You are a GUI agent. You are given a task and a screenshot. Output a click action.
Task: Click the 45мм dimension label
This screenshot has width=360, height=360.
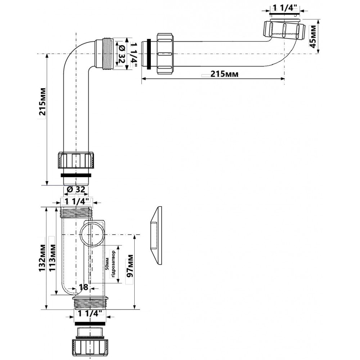point(313,36)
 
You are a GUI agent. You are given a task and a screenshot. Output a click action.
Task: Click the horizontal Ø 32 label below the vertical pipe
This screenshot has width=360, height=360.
point(76,189)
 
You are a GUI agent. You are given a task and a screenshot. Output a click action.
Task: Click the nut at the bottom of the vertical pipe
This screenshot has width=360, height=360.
point(77,159)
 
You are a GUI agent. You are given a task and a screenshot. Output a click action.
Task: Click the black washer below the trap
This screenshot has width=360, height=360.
point(89,324)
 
